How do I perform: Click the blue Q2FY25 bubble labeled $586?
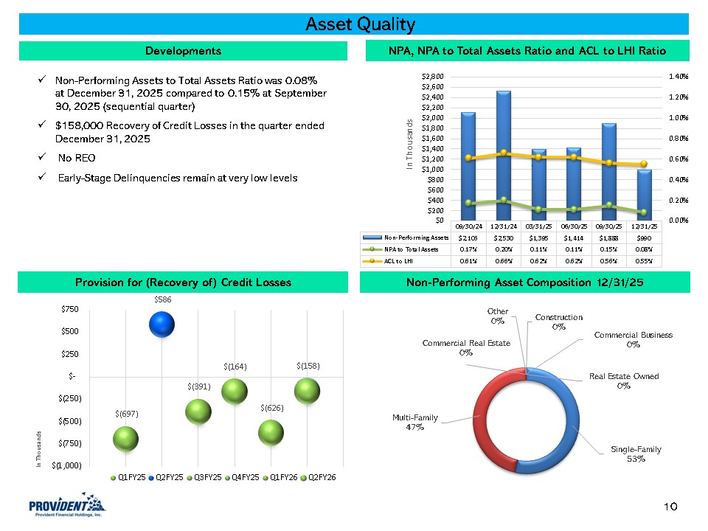162,323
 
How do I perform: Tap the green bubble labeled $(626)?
271,432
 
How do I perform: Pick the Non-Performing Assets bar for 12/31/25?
645,194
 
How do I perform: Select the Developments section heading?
183,51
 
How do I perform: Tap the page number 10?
670,507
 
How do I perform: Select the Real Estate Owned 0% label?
623,381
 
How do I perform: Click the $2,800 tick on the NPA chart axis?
432,76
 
